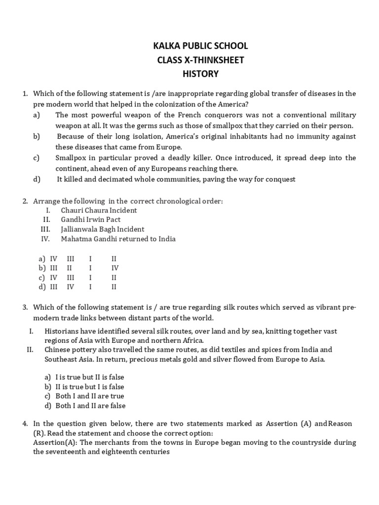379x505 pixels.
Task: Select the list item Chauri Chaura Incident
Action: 99,210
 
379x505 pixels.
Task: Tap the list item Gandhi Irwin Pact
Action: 91,219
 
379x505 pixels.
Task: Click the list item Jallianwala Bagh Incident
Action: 103,229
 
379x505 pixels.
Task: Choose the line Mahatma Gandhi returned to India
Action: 118,239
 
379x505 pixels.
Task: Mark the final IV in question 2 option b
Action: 115,268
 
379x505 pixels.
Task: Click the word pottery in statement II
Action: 86,350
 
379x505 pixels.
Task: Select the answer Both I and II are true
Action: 90,396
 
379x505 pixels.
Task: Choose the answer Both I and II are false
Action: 90,406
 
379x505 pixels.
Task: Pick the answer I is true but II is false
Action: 90,377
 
